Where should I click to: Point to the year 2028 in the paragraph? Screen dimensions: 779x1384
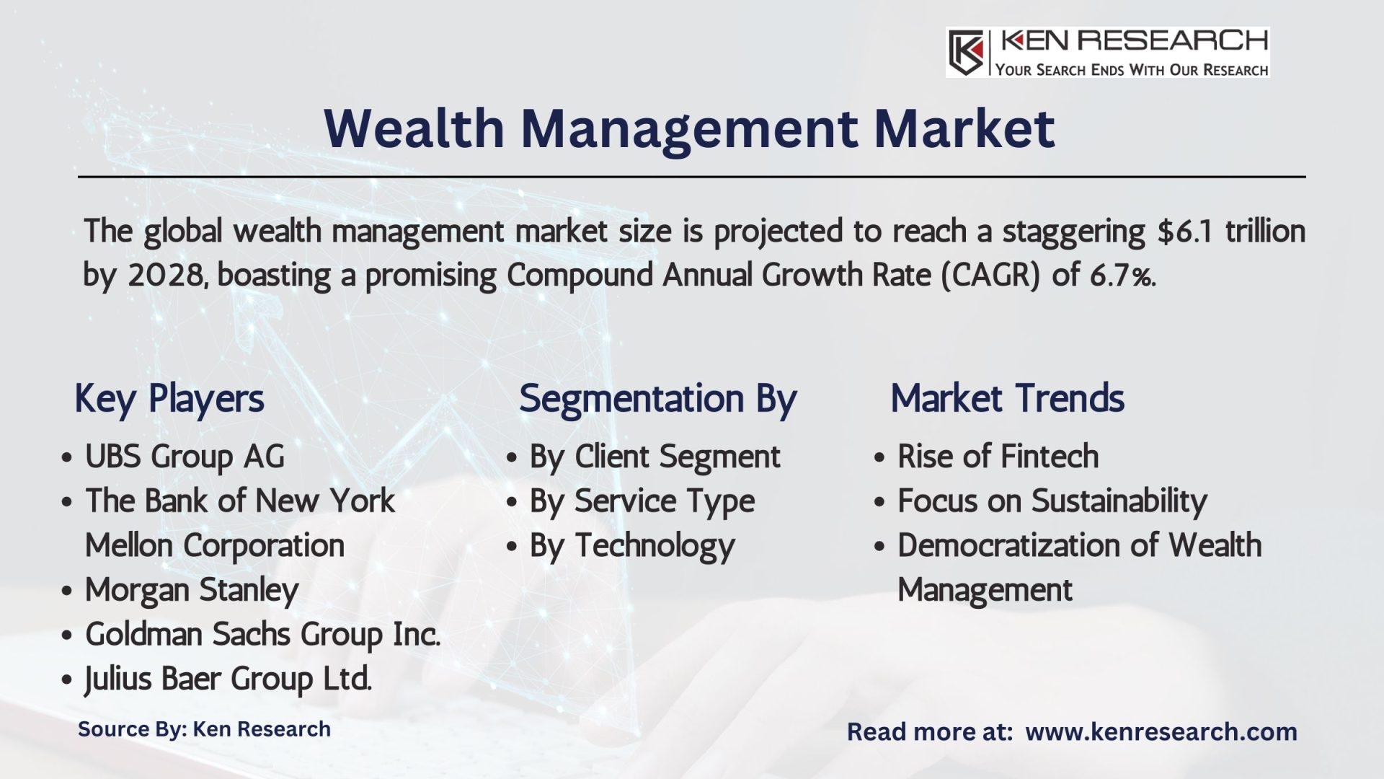click(165, 276)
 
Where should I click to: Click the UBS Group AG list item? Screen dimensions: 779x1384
click(185, 457)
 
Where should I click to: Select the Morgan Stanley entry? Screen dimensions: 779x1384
click(191, 590)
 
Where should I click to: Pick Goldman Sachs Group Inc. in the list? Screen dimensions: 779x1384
click(262, 635)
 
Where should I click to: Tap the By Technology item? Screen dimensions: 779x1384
click(632, 546)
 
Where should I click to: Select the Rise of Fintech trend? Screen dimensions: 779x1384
click(998, 457)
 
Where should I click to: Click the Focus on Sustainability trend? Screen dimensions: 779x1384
click(1052, 501)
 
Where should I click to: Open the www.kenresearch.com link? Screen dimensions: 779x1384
click(1161, 732)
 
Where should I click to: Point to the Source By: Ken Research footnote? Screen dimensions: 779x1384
click(204, 729)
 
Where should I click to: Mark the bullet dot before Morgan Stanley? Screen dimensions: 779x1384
click(66, 591)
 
